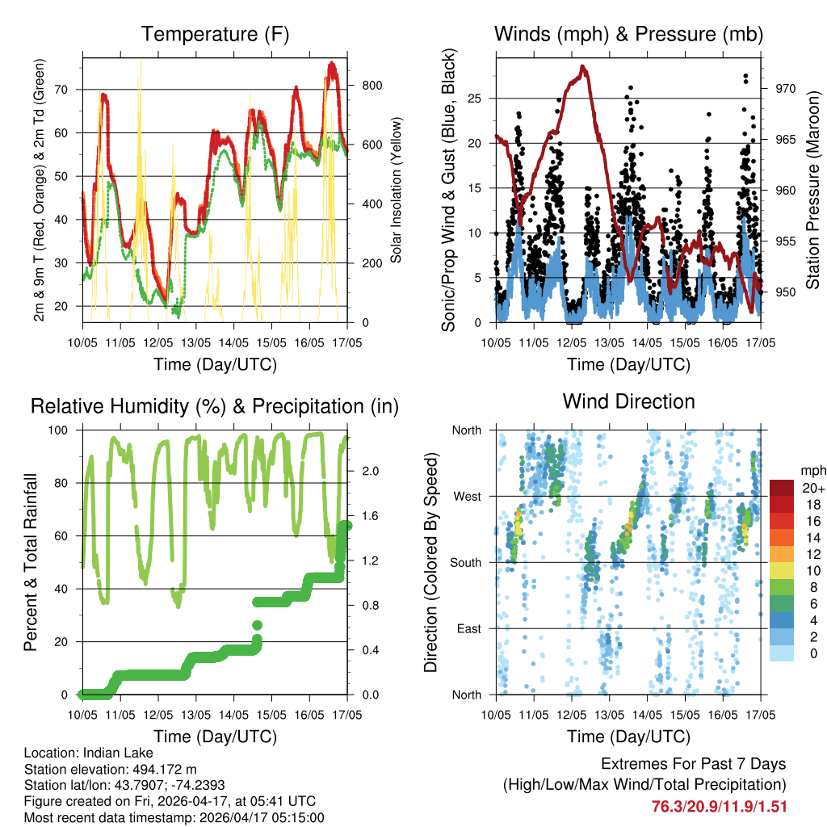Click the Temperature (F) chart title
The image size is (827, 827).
click(x=215, y=34)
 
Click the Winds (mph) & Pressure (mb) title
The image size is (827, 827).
click(x=628, y=34)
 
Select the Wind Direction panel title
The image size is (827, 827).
click(x=628, y=401)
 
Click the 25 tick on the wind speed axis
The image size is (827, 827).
click(x=475, y=99)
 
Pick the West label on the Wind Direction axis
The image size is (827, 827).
click(x=466, y=496)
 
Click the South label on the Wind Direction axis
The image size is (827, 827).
click(x=465, y=562)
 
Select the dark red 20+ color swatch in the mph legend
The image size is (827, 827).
click(x=781, y=488)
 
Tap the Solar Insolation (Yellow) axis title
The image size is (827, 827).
click(x=397, y=190)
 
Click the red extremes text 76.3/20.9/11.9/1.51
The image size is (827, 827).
click(x=719, y=806)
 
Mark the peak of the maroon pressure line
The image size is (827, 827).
click(x=583, y=67)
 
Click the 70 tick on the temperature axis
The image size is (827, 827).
click(x=70, y=89)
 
